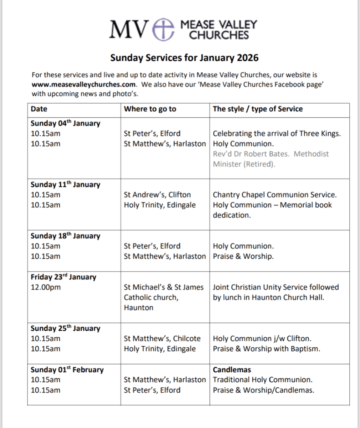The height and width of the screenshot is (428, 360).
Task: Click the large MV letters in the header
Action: [x=128, y=29]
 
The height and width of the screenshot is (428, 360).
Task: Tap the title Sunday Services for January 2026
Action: [x=184, y=58]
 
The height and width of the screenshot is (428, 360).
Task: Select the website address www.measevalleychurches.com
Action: [x=83, y=85]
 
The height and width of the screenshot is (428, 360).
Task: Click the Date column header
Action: [x=39, y=109]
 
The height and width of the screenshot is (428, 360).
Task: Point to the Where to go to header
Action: [x=150, y=109]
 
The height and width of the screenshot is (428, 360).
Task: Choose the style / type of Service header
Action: [x=258, y=109]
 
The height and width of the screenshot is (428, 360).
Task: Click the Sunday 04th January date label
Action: [x=65, y=124]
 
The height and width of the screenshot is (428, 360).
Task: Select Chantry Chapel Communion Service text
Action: [x=275, y=195]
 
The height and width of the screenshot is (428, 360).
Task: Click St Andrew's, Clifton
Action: [x=157, y=195]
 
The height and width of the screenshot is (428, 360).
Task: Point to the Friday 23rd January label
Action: [x=63, y=277]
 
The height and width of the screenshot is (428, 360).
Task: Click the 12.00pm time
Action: [x=46, y=287]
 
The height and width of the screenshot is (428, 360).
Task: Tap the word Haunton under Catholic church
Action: [x=138, y=308]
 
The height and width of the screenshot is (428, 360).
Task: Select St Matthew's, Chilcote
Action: [x=162, y=339]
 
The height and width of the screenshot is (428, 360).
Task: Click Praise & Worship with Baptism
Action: [x=267, y=349]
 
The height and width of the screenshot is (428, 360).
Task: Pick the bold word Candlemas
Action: [x=232, y=370]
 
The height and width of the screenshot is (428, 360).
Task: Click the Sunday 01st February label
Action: [x=67, y=370]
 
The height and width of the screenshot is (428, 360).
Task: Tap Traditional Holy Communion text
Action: [x=263, y=380]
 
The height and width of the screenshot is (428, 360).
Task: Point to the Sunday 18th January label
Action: [x=65, y=236]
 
